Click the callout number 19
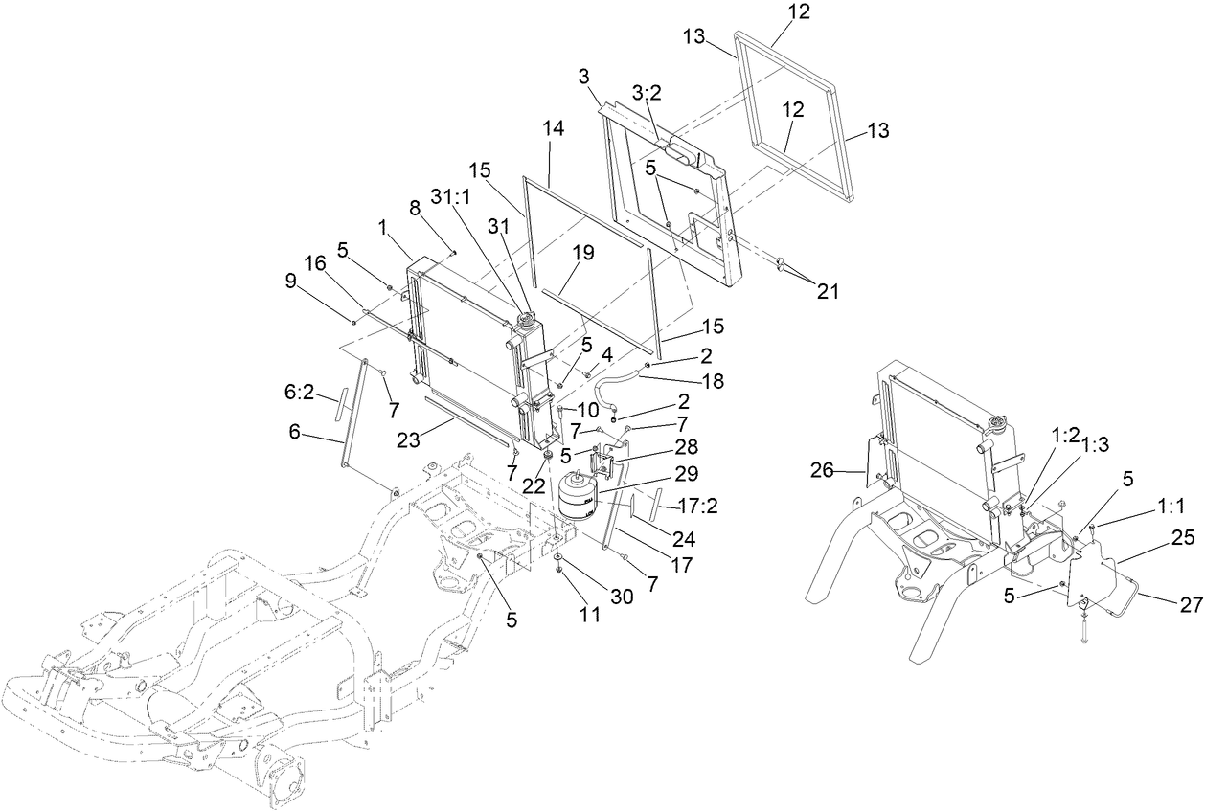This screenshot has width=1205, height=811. (x=583, y=253)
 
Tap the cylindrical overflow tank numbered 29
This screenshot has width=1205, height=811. (x=578, y=495)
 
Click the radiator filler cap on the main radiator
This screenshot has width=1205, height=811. (x=525, y=315)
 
